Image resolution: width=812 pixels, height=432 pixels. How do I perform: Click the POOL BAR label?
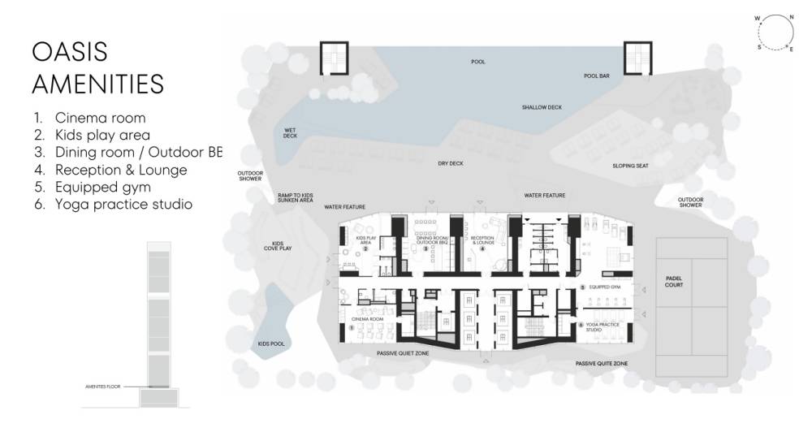point(596,76)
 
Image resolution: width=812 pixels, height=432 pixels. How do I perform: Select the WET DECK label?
point(290,133)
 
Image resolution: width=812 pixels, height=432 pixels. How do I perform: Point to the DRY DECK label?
point(450,163)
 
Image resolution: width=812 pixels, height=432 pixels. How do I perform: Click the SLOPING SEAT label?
point(630,166)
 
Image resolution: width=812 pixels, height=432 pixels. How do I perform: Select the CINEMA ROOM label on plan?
point(366,320)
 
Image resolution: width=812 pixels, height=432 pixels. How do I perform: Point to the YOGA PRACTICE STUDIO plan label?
point(603,327)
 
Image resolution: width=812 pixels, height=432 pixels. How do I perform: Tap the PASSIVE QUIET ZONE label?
point(403,354)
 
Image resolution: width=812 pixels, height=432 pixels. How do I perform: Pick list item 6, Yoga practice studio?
point(123,205)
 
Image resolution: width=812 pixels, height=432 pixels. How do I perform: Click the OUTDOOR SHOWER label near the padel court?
point(691,203)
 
